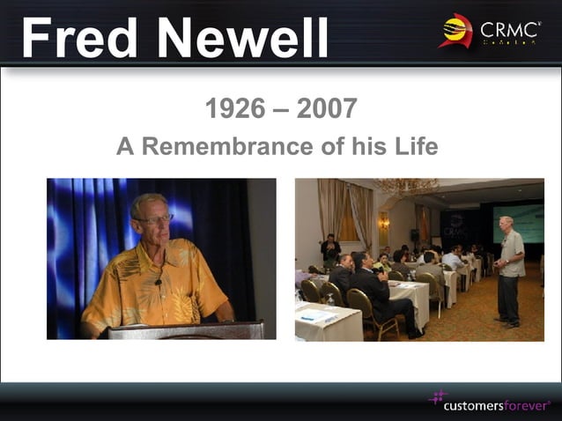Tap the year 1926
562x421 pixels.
tap(234, 109)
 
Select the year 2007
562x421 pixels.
tap(327, 109)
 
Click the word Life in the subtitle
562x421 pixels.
tap(414, 146)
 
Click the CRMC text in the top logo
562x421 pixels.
tap(510, 31)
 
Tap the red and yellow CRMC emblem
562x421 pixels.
tap(456, 31)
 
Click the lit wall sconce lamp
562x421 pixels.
tap(384, 220)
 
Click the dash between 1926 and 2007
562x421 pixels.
tap(281, 110)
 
